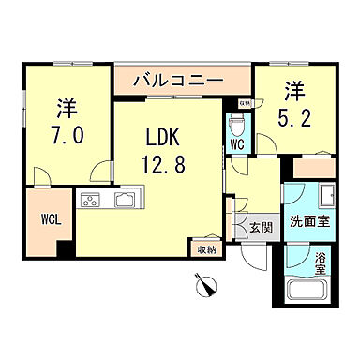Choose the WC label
pos(238,145)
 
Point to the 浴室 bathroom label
pos(320,263)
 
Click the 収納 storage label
pos(207,248)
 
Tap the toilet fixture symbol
pos(238,123)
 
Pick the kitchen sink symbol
pos(125,199)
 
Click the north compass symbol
pos(204,282)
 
